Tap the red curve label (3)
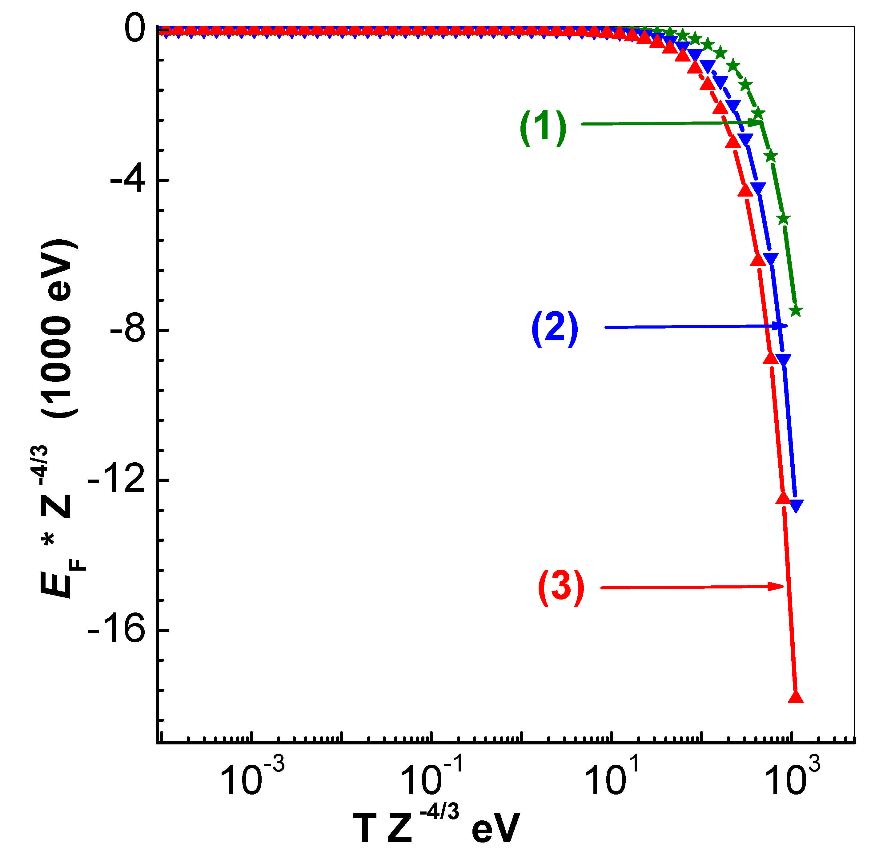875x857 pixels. click(561, 588)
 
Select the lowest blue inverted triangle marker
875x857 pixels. click(796, 505)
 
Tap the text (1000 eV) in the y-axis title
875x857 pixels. click(58, 329)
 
